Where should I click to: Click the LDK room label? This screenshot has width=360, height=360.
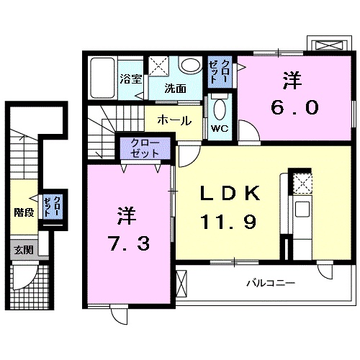(x=230, y=194)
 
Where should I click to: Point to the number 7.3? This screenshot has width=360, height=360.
(x=130, y=244)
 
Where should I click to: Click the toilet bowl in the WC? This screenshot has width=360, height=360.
(x=220, y=110)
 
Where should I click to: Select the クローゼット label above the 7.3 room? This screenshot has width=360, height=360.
(x=147, y=150)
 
